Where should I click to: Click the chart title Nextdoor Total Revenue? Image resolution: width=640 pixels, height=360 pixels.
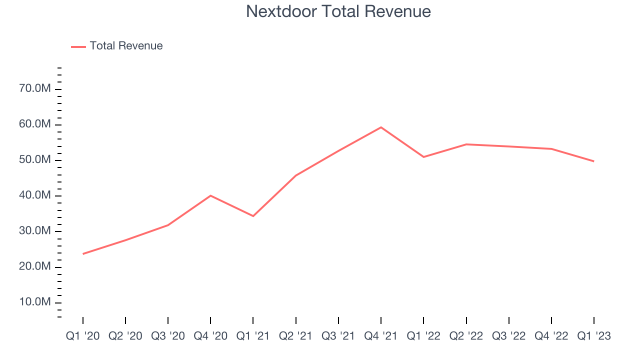click(338, 11)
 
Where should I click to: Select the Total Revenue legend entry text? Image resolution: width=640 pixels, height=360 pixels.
click(126, 46)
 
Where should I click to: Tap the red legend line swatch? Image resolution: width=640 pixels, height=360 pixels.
click(78, 46)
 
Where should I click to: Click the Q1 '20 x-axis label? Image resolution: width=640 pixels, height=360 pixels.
click(82, 336)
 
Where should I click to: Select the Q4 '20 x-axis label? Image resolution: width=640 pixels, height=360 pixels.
click(210, 336)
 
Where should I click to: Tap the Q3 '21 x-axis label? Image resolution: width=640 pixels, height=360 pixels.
click(338, 336)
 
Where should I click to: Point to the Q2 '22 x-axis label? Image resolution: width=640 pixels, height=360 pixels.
click(466, 336)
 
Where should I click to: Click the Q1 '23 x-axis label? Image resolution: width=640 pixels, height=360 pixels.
click(594, 336)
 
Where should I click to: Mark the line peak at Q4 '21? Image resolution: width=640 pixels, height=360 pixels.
click(381, 127)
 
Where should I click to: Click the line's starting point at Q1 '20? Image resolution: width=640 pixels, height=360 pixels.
click(83, 254)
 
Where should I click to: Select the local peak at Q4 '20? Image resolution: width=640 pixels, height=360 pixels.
click(210, 195)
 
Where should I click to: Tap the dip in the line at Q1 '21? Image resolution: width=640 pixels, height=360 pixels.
click(253, 216)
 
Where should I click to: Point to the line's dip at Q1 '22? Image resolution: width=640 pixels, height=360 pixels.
click(423, 157)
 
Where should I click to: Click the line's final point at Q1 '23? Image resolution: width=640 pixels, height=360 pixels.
click(594, 161)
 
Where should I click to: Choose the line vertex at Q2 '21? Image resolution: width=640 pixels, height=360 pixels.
click(296, 175)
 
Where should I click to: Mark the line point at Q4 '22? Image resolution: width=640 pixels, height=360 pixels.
click(551, 148)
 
